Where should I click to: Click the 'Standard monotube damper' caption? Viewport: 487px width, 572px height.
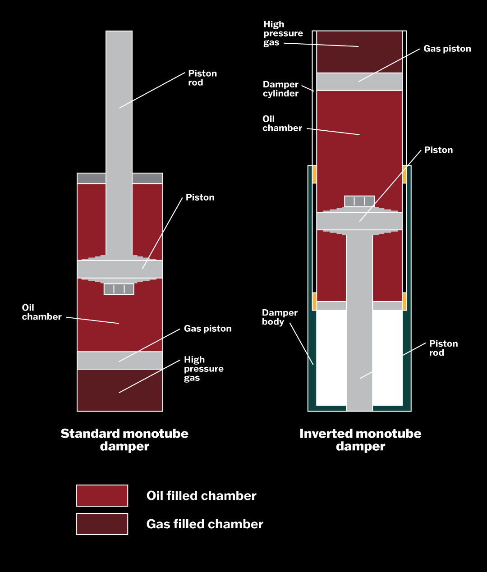pyautogui.click(x=124, y=440)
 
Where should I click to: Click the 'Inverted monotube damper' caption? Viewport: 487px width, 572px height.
pyautogui.click(x=360, y=440)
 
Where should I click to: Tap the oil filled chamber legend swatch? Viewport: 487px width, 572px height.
pyautogui.click(x=102, y=495)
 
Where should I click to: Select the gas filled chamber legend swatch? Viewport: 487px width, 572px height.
pyautogui.click(x=102, y=524)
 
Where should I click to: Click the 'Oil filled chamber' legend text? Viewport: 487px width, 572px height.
pyautogui.click(x=201, y=496)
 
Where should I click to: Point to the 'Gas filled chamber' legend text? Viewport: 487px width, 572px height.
pyautogui.click(x=205, y=524)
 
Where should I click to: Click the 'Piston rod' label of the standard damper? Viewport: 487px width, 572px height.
pyautogui.click(x=202, y=78)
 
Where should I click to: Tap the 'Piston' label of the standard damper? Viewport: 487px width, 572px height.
pyautogui.click(x=200, y=197)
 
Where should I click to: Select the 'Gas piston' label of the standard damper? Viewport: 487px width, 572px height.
pyautogui.click(x=207, y=329)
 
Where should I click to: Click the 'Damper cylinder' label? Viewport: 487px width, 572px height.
pyautogui.click(x=280, y=89)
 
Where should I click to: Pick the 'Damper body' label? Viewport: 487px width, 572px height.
pyautogui.click(x=280, y=317)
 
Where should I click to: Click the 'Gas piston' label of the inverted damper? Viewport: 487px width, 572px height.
pyautogui.click(x=447, y=49)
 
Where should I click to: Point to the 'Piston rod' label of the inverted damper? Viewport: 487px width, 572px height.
pyautogui.click(x=443, y=348)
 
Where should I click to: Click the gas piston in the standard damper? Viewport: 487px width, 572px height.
pyautogui.click(x=120, y=360)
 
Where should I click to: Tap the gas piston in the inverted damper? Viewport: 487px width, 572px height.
pyautogui.click(x=359, y=82)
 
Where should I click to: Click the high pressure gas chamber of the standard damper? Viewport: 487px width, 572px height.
pyautogui.click(x=120, y=390)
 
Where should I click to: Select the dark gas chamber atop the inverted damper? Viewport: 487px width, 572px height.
pyautogui.click(x=359, y=52)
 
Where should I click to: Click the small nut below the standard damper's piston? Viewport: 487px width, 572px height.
pyautogui.click(x=119, y=289)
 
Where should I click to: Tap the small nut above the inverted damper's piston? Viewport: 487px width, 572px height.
pyautogui.click(x=359, y=201)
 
